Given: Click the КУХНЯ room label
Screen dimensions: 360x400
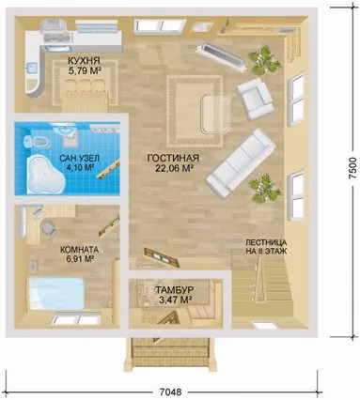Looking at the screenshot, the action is (84, 60).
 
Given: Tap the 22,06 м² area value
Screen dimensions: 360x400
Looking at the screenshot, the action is (174, 169).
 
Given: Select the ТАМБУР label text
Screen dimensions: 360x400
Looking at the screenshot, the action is (175, 290).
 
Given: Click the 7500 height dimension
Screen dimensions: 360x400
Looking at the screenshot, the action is (352, 168).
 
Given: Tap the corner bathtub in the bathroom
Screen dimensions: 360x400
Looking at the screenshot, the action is (45, 175).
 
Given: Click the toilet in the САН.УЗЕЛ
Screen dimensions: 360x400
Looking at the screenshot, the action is (36, 142).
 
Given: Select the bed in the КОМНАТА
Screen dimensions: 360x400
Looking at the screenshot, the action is (56, 293).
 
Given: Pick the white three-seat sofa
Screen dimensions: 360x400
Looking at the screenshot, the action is (241, 162).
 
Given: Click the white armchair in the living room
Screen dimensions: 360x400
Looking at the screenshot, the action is (255, 99).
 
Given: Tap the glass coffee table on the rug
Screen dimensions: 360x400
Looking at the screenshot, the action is (216, 113).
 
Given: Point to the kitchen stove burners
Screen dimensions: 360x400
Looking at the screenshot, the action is (58, 38).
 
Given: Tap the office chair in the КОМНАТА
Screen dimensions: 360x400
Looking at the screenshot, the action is (49, 228).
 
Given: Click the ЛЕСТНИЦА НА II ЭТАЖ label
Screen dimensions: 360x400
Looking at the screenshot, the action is (266, 247).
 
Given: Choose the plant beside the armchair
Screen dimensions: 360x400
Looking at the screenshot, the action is (264, 60).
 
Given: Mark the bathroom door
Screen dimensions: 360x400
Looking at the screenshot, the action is (108, 169).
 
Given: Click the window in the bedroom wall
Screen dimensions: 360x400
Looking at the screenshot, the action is (76, 319).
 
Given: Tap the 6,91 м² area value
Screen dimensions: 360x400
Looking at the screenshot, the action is (77, 259).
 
